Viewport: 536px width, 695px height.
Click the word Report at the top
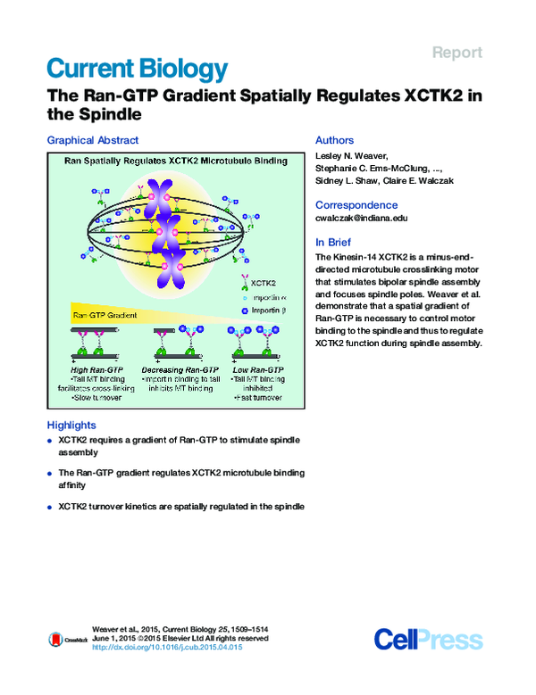coord(457,53)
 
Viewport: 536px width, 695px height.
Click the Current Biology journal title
coord(137,69)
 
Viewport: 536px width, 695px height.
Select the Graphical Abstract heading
coord(93,140)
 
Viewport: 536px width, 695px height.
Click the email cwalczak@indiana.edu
coord(362,218)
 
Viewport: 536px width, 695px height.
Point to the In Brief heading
coord(333,242)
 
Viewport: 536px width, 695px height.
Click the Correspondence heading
coord(356,204)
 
